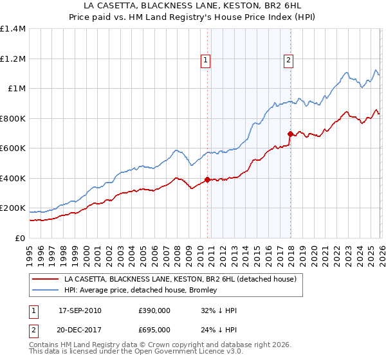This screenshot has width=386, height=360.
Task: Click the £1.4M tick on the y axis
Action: [13, 29]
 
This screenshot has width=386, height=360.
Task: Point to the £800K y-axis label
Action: [13, 118]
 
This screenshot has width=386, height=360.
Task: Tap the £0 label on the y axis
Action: [20, 238]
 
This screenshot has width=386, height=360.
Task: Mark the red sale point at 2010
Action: [207, 180]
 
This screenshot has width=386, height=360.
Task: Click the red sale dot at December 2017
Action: [290, 134]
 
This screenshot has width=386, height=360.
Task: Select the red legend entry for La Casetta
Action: [180, 280]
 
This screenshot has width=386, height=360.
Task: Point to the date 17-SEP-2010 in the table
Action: [80, 310]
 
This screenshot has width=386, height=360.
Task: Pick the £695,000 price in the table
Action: [154, 329]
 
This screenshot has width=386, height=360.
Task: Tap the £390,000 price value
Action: [154, 310]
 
